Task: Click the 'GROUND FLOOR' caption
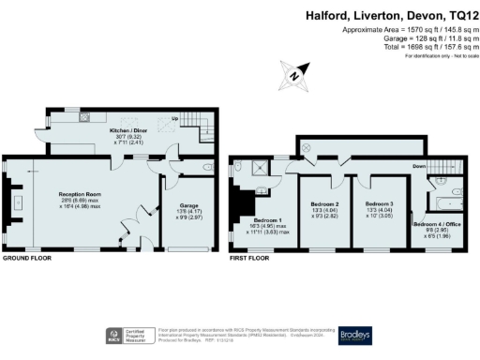[27, 257]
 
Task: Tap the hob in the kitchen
[84, 118]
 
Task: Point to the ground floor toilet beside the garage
[205, 169]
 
